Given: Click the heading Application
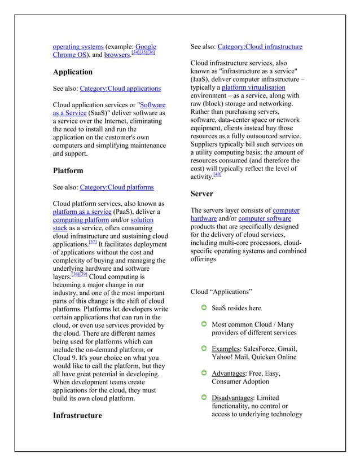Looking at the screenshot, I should pos(72,72).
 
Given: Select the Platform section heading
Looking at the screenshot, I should pos(68,170).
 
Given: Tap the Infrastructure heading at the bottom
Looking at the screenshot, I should pos(77,416).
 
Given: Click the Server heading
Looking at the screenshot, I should pos(201,194).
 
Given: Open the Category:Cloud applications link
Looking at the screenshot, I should pos(120,89).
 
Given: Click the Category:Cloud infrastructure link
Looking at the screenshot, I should pos(260,47).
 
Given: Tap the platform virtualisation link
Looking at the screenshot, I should pos(253,88).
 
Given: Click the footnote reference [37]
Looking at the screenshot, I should pos(93,242).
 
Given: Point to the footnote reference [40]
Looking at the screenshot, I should pos(218,175).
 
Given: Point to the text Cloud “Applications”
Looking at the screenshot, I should pos(221,292).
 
